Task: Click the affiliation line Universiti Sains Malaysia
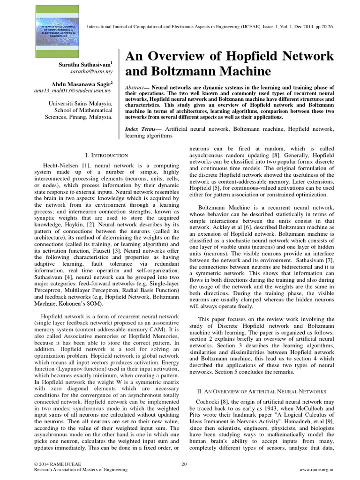point(80,103)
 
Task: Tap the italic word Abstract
point(134,88)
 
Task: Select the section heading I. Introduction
point(106,155)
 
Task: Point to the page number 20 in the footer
point(184,464)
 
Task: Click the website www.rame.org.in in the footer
point(316,469)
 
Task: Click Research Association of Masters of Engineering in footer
point(78,469)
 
